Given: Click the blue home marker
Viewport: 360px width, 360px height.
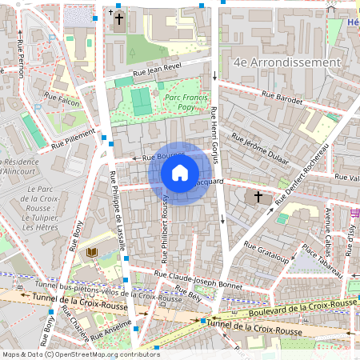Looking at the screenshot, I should coord(180,173).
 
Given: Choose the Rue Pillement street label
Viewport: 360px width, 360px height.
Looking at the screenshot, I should coord(73,141).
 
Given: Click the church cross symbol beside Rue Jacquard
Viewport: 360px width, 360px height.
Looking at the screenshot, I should coord(258,196).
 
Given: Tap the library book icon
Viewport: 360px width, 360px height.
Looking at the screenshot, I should coord(91,253).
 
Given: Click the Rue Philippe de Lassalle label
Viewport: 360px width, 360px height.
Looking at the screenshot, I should coord(117,211).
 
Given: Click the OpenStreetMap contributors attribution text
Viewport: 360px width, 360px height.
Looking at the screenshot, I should coord(116,354).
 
